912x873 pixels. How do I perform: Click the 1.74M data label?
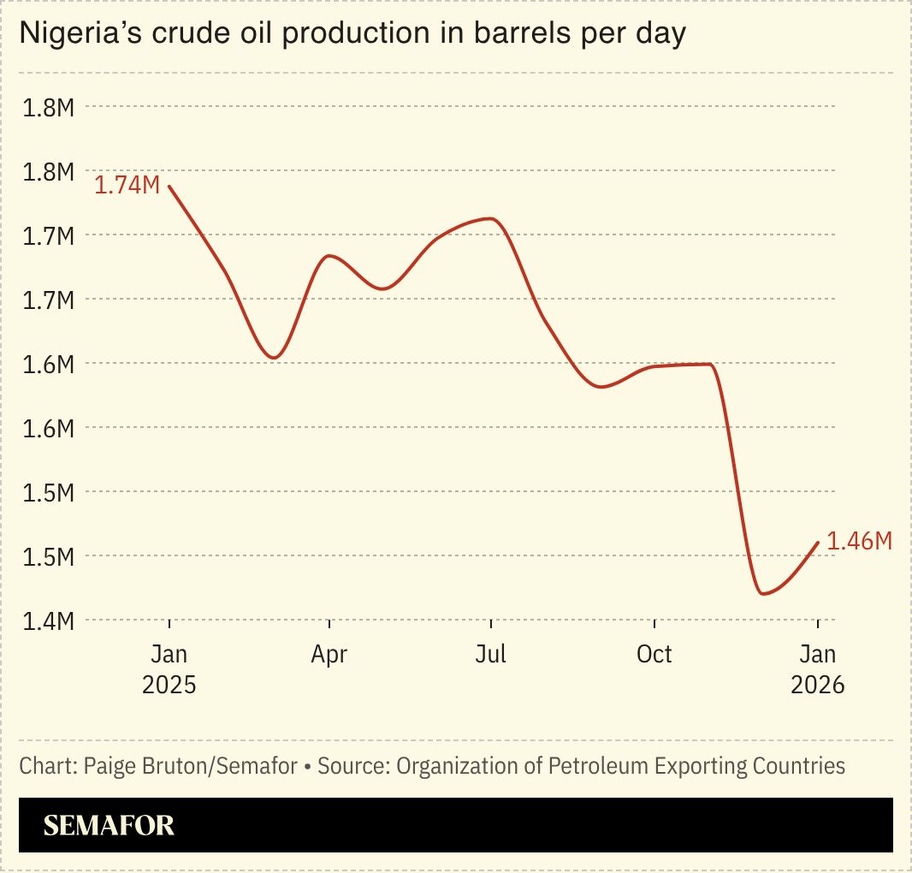(127, 186)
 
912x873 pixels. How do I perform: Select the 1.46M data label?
(859, 541)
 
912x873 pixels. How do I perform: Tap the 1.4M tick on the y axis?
(49, 621)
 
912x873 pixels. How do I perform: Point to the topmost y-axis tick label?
(49, 108)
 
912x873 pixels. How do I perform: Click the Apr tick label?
(329, 655)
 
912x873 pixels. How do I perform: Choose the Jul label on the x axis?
(491, 655)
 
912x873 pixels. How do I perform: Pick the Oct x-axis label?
(654, 655)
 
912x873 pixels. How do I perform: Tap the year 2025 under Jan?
(169, 686)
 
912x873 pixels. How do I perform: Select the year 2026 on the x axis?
(817, 686)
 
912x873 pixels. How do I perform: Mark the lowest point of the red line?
(762, 593)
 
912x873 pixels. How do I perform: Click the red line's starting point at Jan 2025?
(169, 186)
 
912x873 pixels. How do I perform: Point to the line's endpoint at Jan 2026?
(818, 542)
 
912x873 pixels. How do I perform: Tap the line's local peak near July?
(489, 218)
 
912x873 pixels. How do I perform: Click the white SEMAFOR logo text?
(109, 825)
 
